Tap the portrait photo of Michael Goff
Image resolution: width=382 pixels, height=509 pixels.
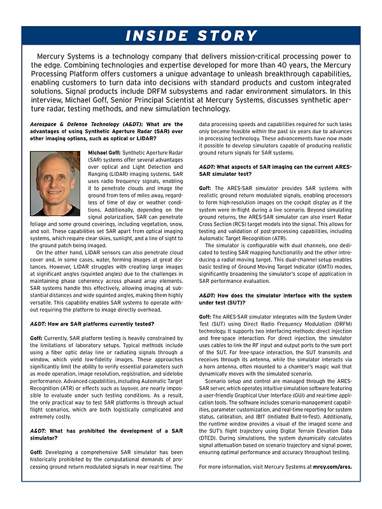(55, 183)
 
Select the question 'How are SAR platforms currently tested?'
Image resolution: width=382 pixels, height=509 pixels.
(92, 323)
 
